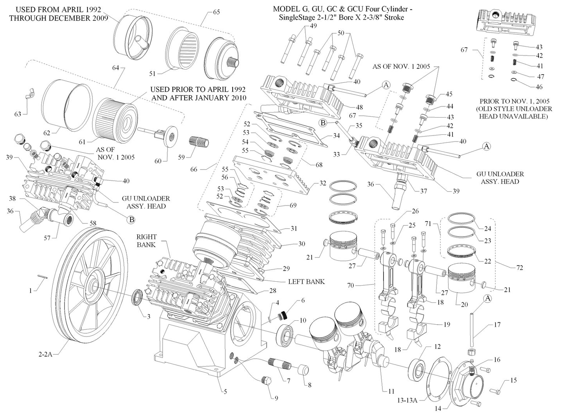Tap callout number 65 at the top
(x=216, y=12)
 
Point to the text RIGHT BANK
(x=146, y=241)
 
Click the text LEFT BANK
(x=306, y=281)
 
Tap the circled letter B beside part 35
(x=323, y=123)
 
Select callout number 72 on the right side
(x=520, y=268)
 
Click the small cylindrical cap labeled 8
(x=303, y=370)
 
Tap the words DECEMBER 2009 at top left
(x=84, y=18)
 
